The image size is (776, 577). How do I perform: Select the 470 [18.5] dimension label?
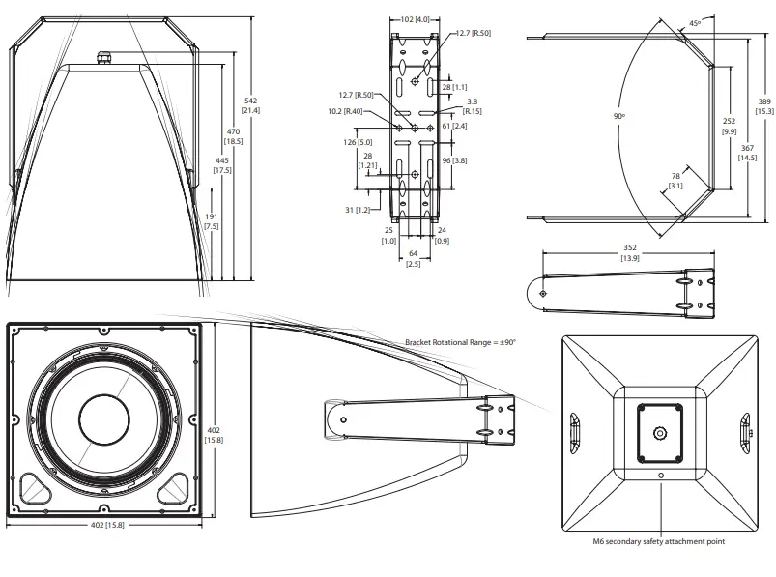(x=234, y=135)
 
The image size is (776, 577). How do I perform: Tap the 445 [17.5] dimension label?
(x=222, y=164)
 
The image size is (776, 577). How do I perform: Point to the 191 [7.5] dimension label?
(x=209, y=220)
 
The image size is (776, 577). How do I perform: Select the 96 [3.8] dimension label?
(x=454, y=160)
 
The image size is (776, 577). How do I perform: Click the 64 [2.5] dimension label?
(x=413, y=258)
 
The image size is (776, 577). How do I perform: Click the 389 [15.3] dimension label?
(x=764, y=106)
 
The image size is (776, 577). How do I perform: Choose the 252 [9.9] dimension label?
(x=730, y=126)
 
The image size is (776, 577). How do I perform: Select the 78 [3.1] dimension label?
(x=675, y=181)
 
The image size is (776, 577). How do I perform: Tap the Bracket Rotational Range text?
(x=461, y=342)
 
